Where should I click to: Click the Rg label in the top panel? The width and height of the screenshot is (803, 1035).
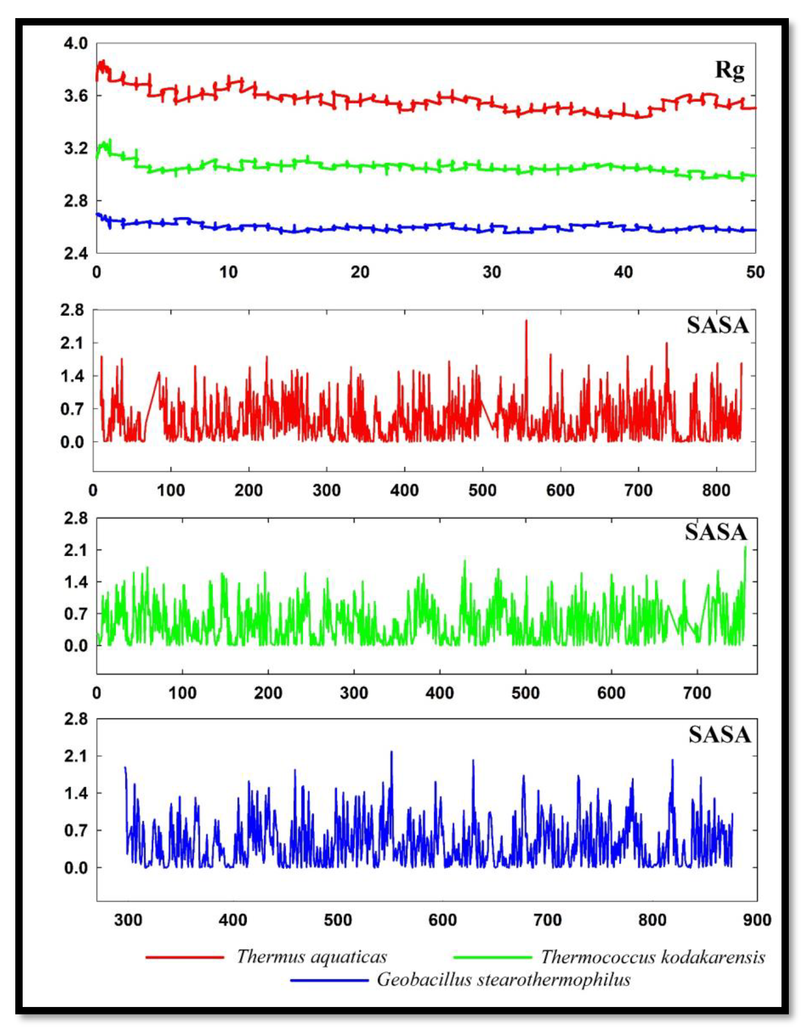point(729,71)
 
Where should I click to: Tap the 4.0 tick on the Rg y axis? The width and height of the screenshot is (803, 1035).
point(76,44)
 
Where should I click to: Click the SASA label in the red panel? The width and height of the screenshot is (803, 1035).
point(717,326)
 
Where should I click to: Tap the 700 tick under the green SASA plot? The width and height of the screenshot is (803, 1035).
point(697,693)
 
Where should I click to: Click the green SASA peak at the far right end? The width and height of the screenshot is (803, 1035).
point(745,548)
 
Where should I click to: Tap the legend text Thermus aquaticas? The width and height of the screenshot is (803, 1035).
point(312,957)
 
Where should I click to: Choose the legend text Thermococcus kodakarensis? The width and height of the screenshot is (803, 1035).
point(653,957)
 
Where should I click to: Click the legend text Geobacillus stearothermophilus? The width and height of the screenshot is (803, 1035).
point(503,980)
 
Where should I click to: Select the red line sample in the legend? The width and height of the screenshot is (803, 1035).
point(185,957)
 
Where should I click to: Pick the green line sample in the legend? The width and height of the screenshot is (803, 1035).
point(492,957)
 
